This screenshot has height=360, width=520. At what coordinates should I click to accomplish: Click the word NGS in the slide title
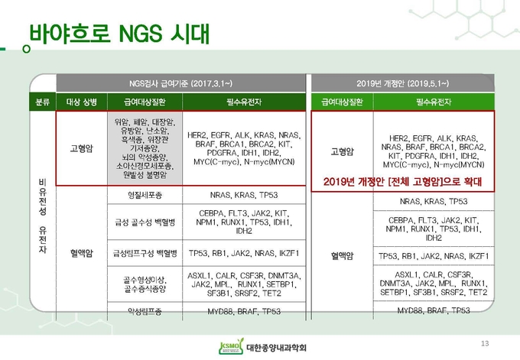click(140, 34)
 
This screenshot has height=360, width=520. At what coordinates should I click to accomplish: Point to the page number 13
click(485, 343)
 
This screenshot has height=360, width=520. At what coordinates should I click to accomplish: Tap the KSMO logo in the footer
click(232, 347)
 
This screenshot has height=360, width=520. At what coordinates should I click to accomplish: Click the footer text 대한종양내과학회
click(276, 348)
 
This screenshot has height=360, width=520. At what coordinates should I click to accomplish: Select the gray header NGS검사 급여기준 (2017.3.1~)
click(180, 83)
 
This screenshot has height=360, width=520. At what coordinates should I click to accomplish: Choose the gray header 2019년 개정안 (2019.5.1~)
click(402, 83)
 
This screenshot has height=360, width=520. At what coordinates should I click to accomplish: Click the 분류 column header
click(43, 102)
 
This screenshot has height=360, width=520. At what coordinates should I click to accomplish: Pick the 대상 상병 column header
click(82, 102)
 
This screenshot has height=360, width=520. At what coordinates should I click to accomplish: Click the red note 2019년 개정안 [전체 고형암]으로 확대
click(402, 182)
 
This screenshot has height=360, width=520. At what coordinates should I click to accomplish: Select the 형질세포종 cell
click(145, 195)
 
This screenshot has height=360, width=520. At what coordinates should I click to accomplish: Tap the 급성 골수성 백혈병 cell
click(145, 222)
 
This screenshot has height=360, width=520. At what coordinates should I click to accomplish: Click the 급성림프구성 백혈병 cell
click(145, 253)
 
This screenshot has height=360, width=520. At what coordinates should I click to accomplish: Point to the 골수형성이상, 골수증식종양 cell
click(145, 284)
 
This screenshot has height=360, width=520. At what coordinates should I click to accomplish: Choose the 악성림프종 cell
click(145, 311)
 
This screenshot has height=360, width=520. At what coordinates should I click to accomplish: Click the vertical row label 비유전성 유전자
click(43, 216)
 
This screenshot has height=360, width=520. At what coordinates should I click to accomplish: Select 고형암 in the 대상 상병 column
click(82, 148)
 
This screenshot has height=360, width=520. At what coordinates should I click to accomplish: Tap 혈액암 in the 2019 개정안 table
click(343, 255)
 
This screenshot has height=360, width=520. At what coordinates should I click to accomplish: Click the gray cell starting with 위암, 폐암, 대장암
click(145, 148)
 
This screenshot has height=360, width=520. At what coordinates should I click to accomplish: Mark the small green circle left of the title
click(26, 49)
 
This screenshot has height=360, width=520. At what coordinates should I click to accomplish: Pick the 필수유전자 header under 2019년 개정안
click(434, 102)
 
